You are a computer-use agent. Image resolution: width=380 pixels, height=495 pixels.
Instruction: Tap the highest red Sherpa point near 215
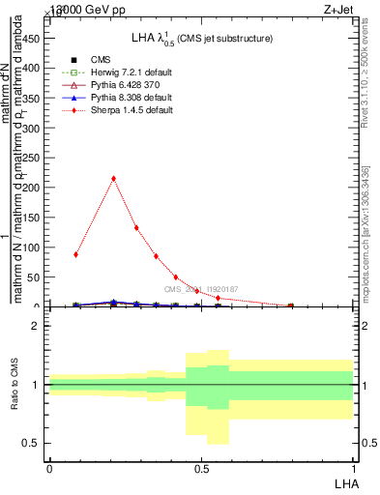coord(114,178)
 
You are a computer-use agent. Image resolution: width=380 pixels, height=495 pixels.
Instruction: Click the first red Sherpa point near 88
coord(75,254)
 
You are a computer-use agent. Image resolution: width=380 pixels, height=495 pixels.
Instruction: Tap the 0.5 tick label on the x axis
coord(201,469)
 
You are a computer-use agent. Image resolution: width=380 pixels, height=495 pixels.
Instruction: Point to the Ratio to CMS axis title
coord(15,385)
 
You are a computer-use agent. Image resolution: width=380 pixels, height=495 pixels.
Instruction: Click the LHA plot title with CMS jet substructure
coord(202,38)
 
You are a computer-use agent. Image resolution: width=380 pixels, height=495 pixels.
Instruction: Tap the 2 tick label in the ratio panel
coord(37,326)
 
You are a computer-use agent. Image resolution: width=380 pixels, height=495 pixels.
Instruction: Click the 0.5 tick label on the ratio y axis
coord(33,444)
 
